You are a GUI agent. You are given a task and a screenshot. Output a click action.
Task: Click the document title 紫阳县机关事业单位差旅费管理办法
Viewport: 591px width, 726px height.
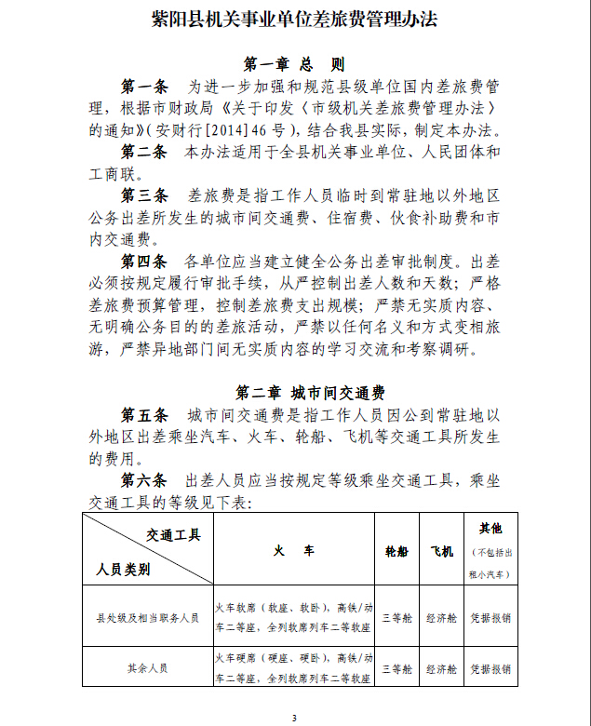[294, 20]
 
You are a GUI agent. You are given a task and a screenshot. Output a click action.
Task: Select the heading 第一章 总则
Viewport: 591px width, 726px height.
[294, 64]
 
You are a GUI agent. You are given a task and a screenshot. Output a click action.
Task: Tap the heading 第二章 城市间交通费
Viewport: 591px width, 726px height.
[294, 392]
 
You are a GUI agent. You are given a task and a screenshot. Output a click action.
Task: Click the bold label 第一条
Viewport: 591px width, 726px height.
[144, 87]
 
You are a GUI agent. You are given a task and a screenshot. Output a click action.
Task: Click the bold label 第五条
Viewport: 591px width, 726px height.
[144, 414]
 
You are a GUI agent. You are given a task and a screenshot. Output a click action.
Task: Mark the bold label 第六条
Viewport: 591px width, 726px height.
[144, 479]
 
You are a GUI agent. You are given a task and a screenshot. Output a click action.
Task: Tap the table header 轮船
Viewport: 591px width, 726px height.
[396, 551]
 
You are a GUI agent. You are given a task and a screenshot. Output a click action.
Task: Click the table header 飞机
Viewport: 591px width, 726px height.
[440, 551]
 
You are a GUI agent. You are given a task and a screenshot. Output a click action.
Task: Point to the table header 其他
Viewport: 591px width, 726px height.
[490, 528]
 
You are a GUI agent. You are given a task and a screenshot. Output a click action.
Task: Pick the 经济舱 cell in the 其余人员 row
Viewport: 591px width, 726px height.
[441, 668]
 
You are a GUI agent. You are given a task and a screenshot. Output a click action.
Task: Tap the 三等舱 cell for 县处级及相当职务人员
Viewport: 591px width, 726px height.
[396, 616]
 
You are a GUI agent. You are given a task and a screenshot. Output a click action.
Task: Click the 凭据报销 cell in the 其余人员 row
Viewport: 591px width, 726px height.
[490, 668]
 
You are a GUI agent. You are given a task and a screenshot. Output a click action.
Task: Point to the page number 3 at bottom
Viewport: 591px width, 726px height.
[294, 718]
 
